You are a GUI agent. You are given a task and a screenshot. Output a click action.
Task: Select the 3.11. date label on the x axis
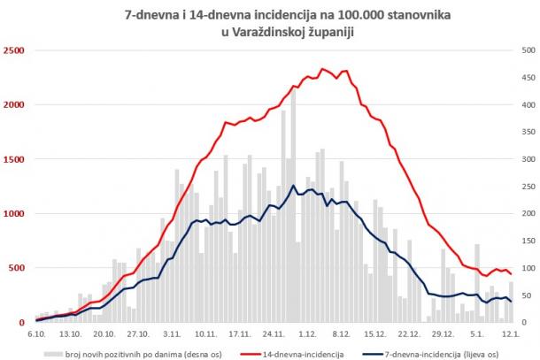172,334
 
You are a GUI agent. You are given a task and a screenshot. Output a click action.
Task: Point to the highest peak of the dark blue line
294,186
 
